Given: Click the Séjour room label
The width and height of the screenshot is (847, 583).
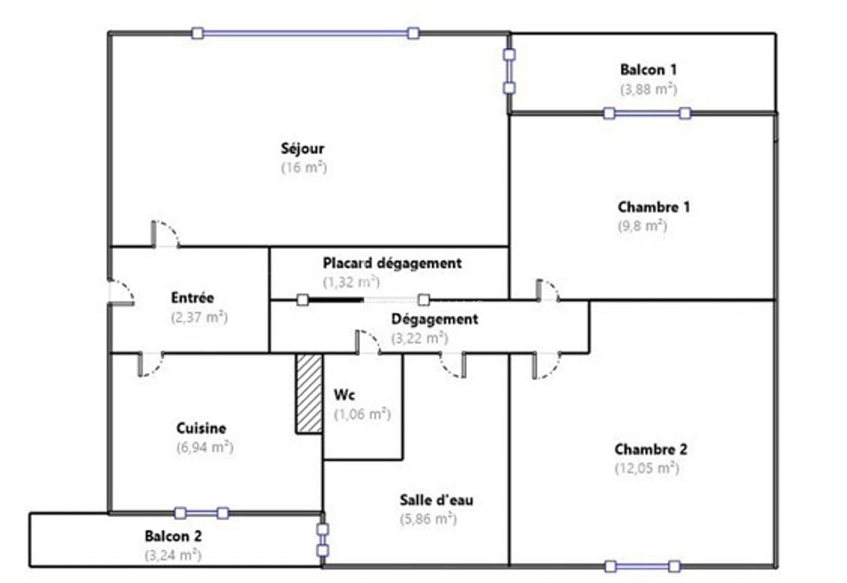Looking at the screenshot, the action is pyautogui.click(x=302, y=149).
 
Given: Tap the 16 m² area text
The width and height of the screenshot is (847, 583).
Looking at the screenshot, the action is pyautogui.click(x=304, y=168).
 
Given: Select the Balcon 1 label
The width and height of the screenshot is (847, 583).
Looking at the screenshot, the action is pyautogui.click(x=648, y=70).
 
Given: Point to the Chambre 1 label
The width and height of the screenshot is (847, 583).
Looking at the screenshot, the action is pyautogui.click(x=653, y=207).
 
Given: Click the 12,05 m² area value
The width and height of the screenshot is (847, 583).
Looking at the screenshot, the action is pyautogui.click(x=647, y=468).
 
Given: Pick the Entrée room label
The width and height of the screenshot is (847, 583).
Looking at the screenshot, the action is pyautogui.click(x=192, y=298).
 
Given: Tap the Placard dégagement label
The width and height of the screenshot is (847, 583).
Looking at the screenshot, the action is pyautogui.click(x=392, y=264).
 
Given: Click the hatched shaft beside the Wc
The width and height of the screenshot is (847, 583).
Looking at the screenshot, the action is pyautogui.click(x=309, y=394).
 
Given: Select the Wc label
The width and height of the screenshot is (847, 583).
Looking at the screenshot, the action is pyautogui.click(x=344, y=395).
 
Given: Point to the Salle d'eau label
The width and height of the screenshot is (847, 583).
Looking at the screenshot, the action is pyautogui.click(x=436, y=500).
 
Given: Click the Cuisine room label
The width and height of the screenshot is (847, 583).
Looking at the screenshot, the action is pyautogui.click(x=201, y=429).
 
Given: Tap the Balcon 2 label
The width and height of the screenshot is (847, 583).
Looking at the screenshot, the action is pyautogui.click(x=173, y=536).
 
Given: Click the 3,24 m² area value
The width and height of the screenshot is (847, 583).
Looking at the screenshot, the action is pyautogui.click(x=173, y=555).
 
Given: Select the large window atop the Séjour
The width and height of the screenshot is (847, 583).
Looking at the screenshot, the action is pyautogui.click(x=305, y=33).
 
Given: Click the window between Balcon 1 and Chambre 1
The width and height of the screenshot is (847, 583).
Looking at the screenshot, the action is pyautogui.click(x=647, y=113).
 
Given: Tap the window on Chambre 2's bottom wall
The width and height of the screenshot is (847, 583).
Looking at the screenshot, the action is pyautogui.click(x=642, y=566).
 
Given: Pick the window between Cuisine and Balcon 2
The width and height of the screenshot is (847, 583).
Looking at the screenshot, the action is pyautogui.click(x=201, y=513).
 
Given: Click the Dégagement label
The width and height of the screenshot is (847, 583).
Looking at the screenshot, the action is pyautogui.click(x=434, y=319).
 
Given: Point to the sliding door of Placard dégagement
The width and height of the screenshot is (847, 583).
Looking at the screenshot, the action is pyautogui.click(x=363, y=300).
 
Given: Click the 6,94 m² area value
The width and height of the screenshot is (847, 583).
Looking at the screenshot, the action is pyautogui.click(x=205, y=447).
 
